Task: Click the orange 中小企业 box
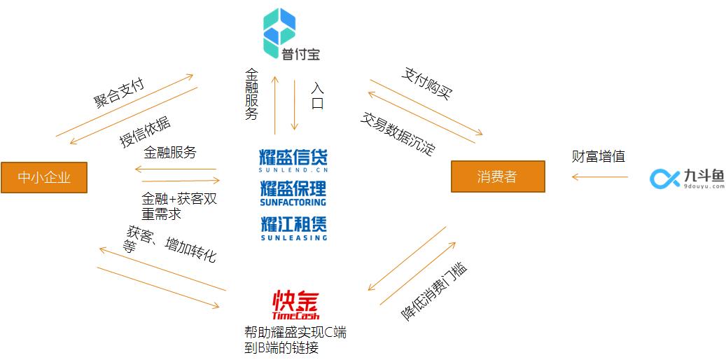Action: point(44,177)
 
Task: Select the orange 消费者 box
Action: point(498,176)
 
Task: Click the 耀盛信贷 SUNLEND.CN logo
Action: point(293,161)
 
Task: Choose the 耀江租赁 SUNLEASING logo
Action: point(293,228)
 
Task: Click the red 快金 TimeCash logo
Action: point(295,305)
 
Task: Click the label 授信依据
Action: point(145,132)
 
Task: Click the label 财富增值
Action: point(598,156)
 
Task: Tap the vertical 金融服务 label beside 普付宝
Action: point(251,94)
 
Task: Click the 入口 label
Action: point(317,95)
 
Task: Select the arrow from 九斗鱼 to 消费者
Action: point(599,176)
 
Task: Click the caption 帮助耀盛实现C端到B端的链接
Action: point(295,340)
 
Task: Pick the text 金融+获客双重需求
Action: point(179,207)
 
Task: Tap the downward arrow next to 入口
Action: point(294,105)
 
